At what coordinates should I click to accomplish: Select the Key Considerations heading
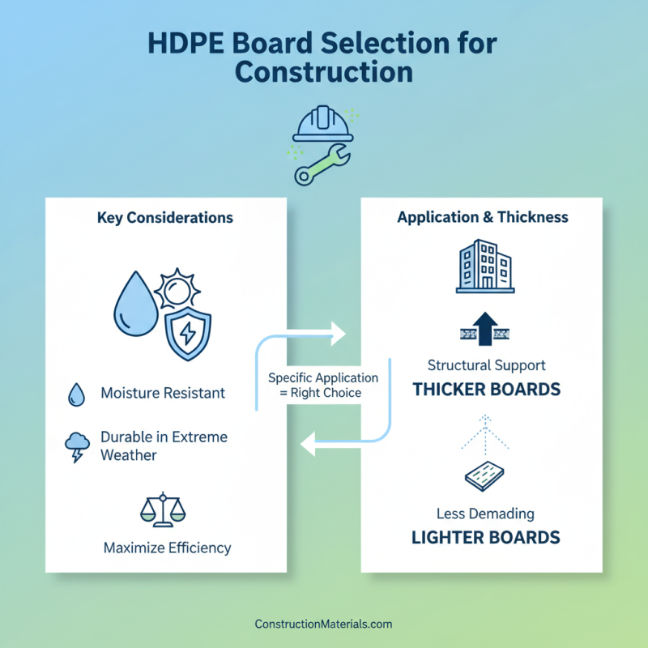tap(164, 218)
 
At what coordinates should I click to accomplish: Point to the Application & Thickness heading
tap(483, 217)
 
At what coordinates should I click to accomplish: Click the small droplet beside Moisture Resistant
tap(76, 394)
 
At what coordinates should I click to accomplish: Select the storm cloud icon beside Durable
tap(77, 446)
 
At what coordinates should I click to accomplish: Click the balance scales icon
tap(163, 508)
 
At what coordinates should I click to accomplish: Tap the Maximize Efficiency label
tap(167, 548)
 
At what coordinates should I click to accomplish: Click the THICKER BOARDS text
tap(486, 390)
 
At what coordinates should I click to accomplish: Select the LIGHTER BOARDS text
tap(486, 537)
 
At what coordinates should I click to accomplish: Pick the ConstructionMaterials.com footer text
tap(323, 625)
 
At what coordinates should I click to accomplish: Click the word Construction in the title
tap(324, 71)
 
